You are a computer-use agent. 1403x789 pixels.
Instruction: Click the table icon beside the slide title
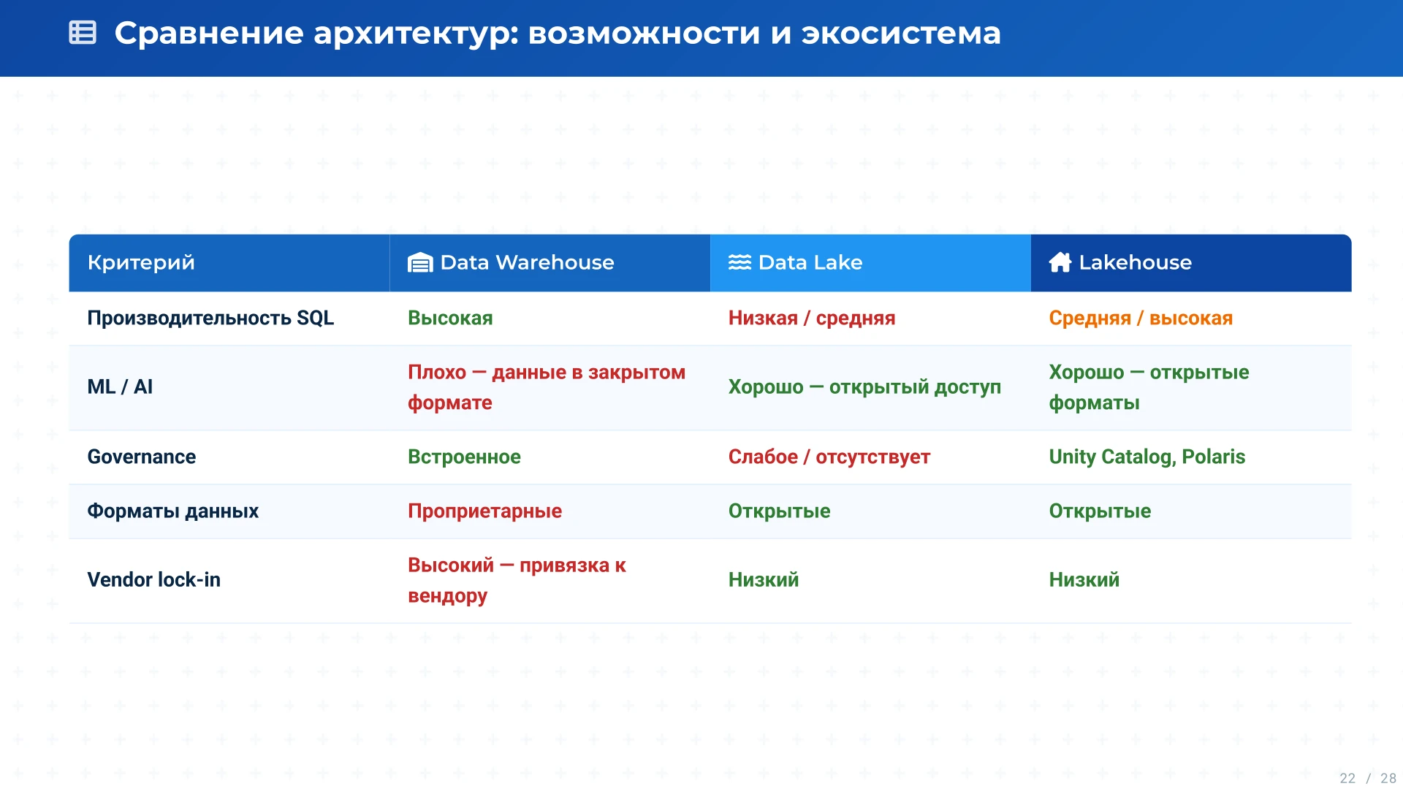[83, 33]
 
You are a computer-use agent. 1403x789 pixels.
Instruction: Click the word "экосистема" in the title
[900, 34]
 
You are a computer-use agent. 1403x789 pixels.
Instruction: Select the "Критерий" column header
[141, 262]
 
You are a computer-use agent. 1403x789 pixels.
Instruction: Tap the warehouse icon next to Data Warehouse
[420, 262]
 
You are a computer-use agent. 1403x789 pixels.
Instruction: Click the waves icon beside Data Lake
[739, 262]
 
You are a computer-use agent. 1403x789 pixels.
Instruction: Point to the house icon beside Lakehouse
[1060, 262]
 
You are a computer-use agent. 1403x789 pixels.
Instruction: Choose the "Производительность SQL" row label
[210, 319]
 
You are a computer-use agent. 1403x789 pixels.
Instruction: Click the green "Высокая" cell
[450, 319]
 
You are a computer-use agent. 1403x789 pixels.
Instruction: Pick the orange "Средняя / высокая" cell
[1141, 319]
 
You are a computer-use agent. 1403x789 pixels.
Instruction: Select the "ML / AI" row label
[120, 387]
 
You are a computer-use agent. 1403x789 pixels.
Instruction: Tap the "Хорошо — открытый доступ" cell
[864, 387]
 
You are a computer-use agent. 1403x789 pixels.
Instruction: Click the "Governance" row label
[142, 457]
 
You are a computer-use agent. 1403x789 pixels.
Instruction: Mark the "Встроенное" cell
[464, 457]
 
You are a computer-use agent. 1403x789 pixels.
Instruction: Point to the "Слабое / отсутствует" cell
[829, 457]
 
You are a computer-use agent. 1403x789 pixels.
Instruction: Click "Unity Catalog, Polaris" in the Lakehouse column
[1147, 457]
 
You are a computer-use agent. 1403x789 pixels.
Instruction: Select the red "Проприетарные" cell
[484, 511]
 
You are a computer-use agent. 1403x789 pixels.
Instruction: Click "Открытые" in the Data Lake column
[779, 511]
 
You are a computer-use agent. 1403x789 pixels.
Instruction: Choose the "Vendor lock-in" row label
[153, 580]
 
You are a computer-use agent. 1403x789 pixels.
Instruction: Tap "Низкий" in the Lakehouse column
[1084, 580]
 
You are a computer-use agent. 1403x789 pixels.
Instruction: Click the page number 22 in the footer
[1347, 778]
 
